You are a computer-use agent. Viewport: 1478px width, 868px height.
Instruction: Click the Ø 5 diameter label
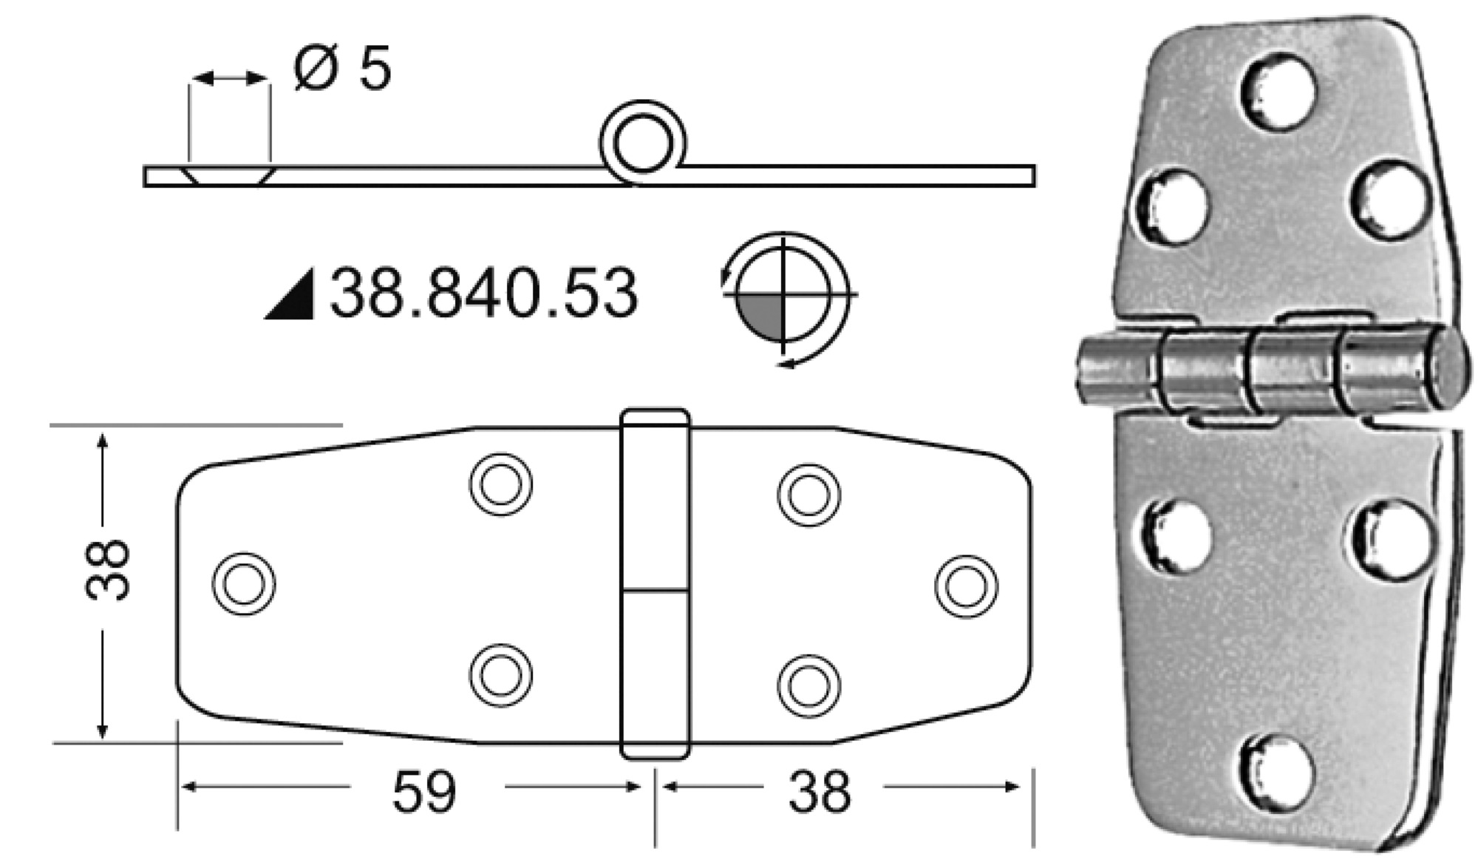341,69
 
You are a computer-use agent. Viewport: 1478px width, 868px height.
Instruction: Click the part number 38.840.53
484,294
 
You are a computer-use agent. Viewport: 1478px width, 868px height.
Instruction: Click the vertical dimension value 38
108,569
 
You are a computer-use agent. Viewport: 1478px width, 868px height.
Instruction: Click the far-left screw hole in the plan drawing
244,583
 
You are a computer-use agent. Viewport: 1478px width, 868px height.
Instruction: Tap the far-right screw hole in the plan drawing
966,586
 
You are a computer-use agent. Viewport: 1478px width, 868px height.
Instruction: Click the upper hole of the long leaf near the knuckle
500,484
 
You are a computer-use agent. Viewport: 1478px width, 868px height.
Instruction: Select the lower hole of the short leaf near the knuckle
808,685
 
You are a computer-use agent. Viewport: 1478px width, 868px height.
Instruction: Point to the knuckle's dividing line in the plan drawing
655,591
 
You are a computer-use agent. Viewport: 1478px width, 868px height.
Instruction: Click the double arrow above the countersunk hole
229,78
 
